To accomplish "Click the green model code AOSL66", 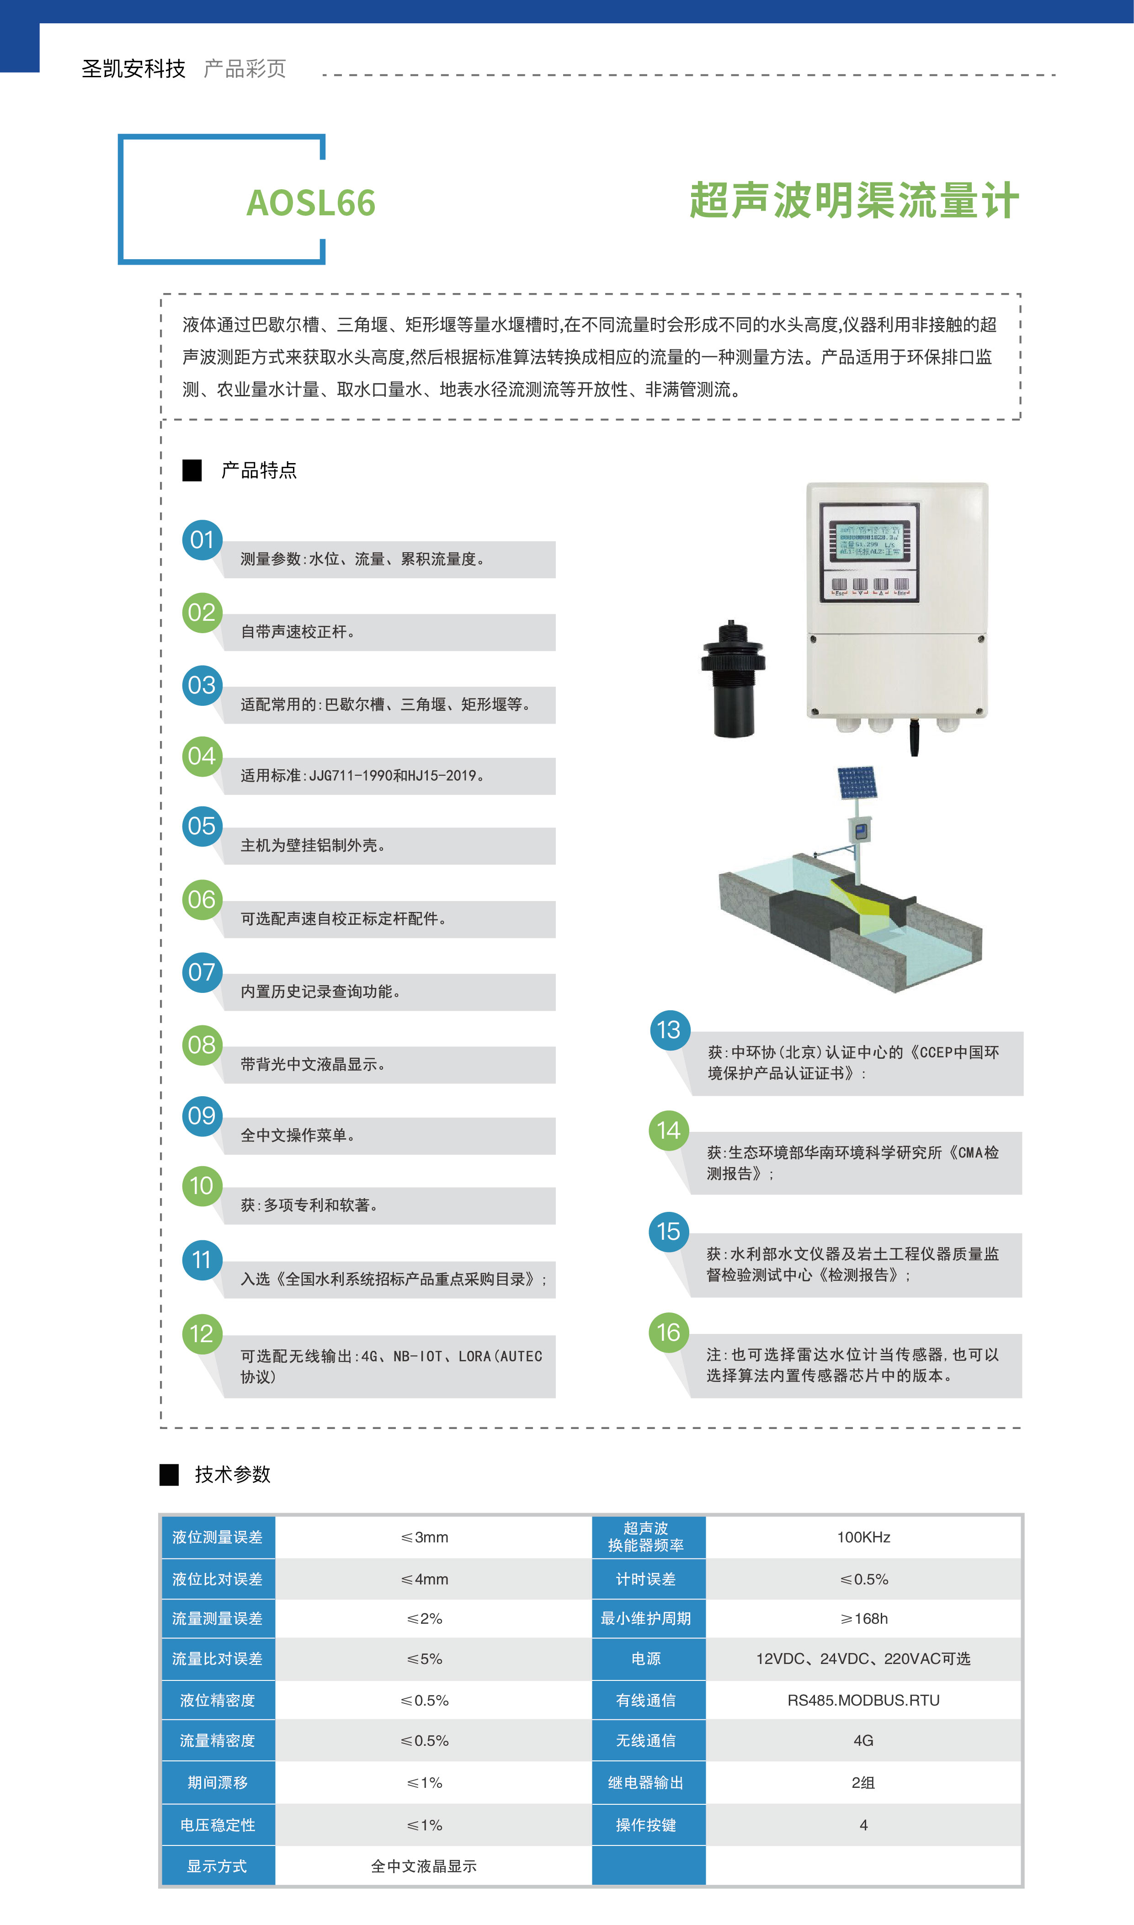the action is point(311,203).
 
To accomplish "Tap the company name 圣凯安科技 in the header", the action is point(134,69).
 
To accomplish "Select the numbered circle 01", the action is point(202,539).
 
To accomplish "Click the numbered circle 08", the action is point(202,1045).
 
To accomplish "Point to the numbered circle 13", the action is point(669,1030).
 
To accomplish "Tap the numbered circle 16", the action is point(669,1333).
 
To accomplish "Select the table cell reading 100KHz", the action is point(863,1537).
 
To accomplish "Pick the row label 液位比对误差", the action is point(217,1579).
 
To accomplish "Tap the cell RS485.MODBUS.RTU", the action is point(863,1701).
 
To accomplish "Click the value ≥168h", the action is point(863,1619).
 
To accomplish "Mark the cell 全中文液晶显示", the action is point(424,1866).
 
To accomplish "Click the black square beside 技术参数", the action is point(169,1475).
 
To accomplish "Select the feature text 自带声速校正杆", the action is point(297,632).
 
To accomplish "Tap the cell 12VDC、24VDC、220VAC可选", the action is point(863,1659).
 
